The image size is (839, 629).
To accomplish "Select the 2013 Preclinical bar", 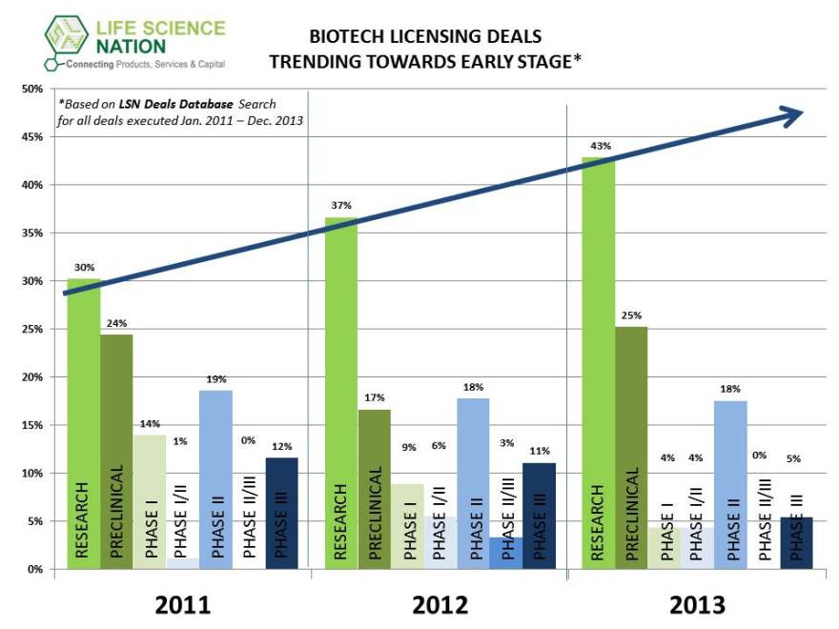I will coord(631,448).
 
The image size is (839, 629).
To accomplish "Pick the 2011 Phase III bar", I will coord(281,514).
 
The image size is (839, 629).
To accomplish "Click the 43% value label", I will coord(601,146).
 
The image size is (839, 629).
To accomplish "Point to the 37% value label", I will coord(341,205).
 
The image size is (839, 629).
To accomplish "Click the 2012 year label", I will coord(440,604).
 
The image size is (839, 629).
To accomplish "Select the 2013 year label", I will coord(697,604).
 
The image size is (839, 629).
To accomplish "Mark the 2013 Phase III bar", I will coord(796,543).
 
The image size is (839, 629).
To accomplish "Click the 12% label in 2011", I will coord(281,447).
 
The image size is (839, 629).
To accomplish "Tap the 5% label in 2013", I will coord(793,458).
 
